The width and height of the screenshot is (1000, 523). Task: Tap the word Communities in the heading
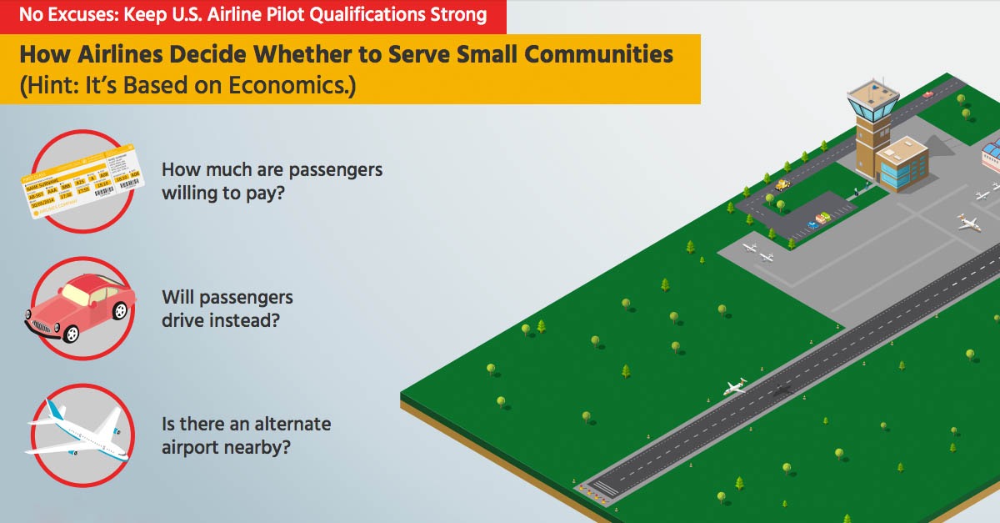pyautogui.click(x=598, y=54)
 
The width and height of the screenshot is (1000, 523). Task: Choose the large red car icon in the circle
pyautogui.click(x=80, y=309)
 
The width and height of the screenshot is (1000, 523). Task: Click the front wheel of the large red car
pyautogui.click(x=71, y=334)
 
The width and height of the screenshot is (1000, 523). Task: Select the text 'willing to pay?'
pyautogui.click(x=222, y=194)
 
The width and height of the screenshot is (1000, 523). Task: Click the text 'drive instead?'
pyautogui.click(x=221, y=320)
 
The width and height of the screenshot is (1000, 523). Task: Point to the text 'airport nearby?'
pyautogui.click(x=226, y=447)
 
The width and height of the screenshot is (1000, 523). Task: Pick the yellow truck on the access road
pyautogui.click(x=782, y=184)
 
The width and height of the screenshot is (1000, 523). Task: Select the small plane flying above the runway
pyautogui.click(x=734, y=387)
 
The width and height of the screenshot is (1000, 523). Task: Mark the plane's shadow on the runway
pyautogui.click(x=782, y=390)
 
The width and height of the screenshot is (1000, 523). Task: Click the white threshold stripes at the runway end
pyautogui.click(x=604, y=488)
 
